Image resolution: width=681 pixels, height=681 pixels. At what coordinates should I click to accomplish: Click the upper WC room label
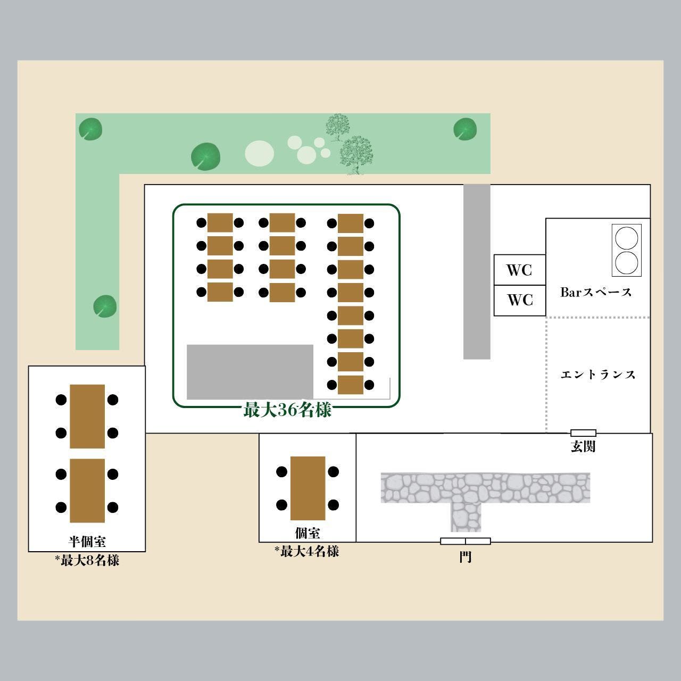pos(519,270)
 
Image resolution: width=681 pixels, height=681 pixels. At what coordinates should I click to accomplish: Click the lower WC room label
pos(520,300)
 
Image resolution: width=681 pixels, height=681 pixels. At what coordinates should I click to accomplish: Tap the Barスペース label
pos(596,292)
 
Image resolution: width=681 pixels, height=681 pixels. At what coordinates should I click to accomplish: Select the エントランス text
pos(598,375)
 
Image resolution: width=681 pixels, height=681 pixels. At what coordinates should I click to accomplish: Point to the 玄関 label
pos(583,446)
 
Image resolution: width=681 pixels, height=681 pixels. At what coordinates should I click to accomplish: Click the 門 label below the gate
pos(465,557)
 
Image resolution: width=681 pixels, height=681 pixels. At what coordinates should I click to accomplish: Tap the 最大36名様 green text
pos(287,410)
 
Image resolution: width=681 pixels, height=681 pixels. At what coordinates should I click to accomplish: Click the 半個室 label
pos(87,542)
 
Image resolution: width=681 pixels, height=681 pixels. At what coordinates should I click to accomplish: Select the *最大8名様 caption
pos(87,560)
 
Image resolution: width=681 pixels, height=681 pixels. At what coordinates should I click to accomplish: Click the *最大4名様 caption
pos(307,551)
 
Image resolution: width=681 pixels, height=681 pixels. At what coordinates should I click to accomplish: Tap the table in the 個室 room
pos(308,488)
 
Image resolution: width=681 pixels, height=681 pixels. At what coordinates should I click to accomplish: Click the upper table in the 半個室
pos(87,416)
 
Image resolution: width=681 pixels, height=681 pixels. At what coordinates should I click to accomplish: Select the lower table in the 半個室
pos(87,491)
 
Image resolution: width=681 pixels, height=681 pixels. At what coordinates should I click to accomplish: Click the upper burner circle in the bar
pos(626,238)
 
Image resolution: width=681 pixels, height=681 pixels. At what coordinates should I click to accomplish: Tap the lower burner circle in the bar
pos(626,262)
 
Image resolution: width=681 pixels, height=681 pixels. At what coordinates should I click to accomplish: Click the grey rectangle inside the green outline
pos(250,371)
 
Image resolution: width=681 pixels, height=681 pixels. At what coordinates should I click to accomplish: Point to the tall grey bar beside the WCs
pos(477,271)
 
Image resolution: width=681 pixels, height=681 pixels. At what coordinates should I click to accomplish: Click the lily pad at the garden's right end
pos(464,129)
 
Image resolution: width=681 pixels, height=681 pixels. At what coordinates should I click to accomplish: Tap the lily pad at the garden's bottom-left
pos(105,306)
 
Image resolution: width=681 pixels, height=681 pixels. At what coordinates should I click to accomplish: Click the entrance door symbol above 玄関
pos(583,433)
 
